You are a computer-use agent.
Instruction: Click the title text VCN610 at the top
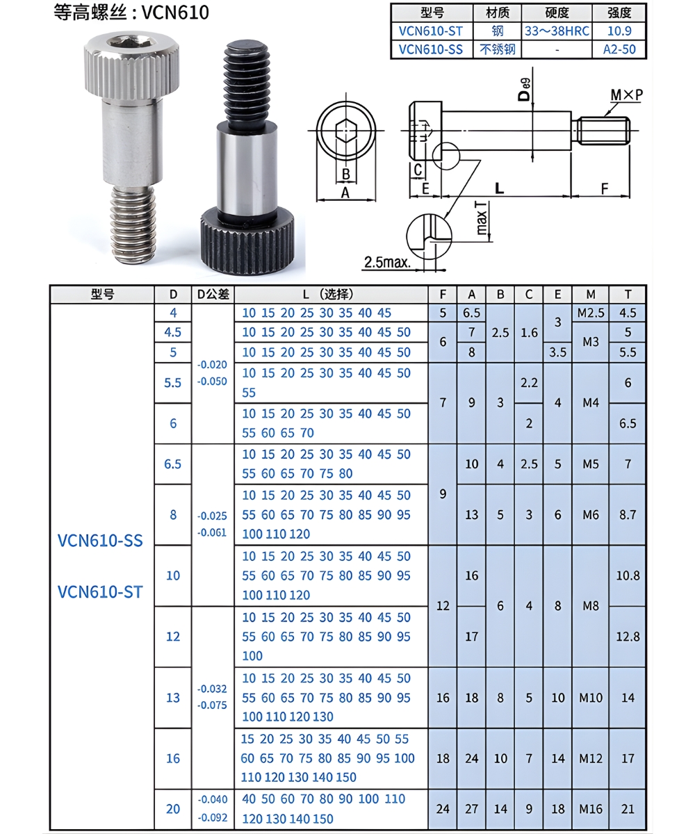(x=175, y=13)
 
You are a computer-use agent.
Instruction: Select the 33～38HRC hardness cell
(x=557, y=31)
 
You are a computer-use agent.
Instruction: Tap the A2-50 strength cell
(x=619, y=49)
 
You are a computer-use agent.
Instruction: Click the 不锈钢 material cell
(x=498, y=49)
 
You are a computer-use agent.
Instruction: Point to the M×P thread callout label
(x=626, y=95)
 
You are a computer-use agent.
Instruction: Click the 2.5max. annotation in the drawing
(x=387, y=263)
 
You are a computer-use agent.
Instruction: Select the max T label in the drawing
(x=482, y=218)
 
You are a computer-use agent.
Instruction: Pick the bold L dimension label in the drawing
(x=499, y=188)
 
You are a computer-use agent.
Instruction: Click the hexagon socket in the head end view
(x=346, y=130)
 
